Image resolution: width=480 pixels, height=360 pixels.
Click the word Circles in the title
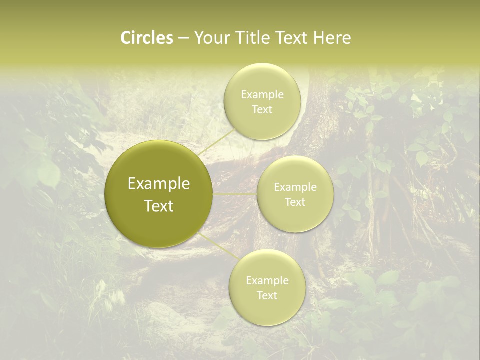[x=147, y=38]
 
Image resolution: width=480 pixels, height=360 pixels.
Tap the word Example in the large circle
[x=159, y=184]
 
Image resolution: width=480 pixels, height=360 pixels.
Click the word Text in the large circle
[x=159, y=206]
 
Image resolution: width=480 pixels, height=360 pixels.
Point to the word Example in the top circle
[x=262, y=95]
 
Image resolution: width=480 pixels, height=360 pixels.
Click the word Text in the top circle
[x=262, y=110]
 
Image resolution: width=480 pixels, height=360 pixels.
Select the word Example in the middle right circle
[x=295, y=187]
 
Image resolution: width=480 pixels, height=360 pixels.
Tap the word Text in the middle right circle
[x=295, y=202]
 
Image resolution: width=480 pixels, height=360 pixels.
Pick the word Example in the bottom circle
[x=267, y=281]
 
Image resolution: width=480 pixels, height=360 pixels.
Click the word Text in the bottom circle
[x=267, y=296]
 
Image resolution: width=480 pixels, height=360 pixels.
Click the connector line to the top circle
[x=216, y=141]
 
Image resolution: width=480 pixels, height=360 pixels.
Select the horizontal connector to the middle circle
[x=235, y=194]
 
